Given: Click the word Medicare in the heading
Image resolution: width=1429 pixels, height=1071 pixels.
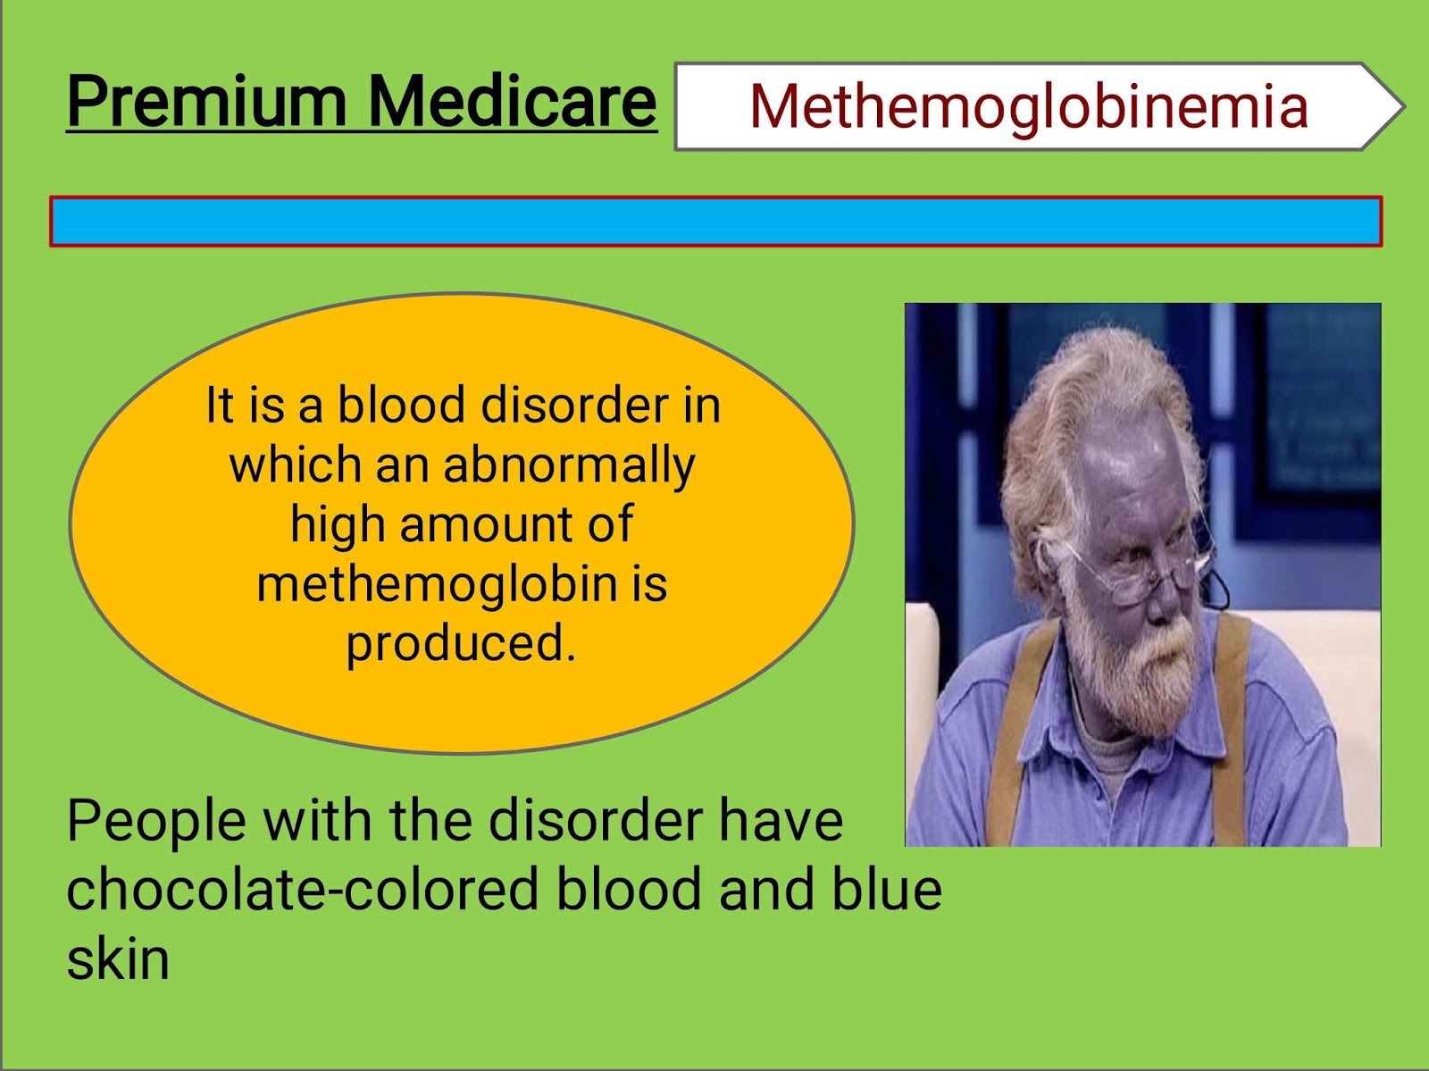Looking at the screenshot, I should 512,102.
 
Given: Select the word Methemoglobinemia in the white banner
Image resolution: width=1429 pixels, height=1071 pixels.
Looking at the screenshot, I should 1028,106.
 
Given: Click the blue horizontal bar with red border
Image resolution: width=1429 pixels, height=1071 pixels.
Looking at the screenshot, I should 715,222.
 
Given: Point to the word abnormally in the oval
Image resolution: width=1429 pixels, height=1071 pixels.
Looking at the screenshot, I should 569,466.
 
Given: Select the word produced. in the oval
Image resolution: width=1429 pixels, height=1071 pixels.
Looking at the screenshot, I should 461,643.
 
